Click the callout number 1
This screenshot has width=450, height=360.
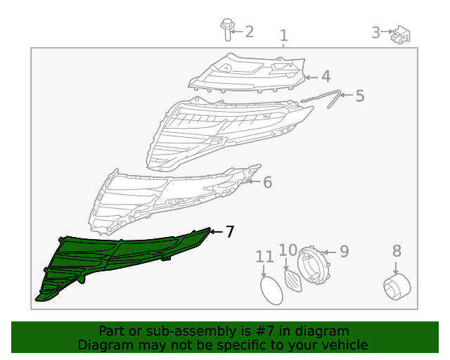283,36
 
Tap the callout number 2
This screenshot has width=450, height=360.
249,32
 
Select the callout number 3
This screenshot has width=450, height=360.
375,32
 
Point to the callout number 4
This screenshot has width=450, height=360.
326,77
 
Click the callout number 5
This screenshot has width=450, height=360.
359,96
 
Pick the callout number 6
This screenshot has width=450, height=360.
267,182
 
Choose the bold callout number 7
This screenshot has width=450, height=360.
229,231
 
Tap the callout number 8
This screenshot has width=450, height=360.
397,250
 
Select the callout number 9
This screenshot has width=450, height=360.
344,251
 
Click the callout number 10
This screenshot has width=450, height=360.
288,250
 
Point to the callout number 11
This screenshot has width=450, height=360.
264,257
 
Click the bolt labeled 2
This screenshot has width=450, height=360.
226,30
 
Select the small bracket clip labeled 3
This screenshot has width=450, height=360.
401,33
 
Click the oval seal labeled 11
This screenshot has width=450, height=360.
269,290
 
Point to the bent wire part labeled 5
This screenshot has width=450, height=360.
330,98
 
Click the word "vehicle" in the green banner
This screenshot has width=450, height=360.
342,345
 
